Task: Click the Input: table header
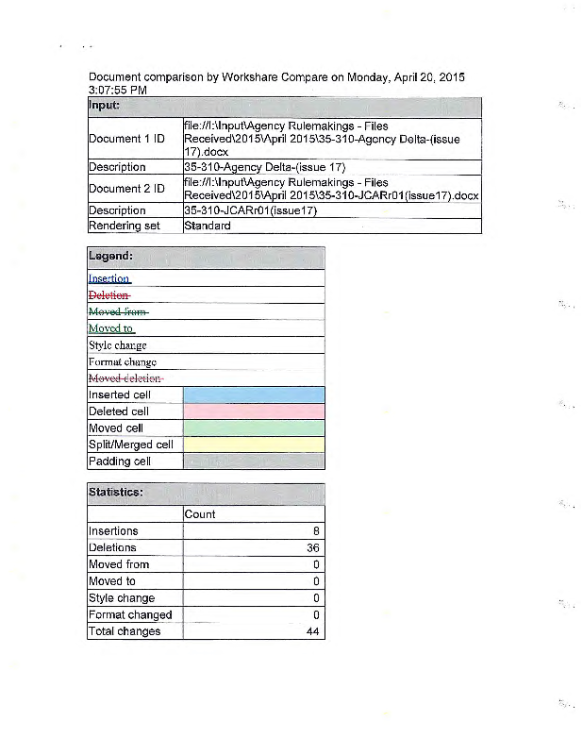(x=105, y=106)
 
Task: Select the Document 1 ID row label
(x=126, y=139)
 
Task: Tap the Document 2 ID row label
(x=126, y=189)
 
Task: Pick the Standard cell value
(x=208, y=226)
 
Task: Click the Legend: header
(x=110, y=257)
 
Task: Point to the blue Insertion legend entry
(x=109, y=278)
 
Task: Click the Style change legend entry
(x=117, y=345)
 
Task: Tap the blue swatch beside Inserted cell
(x=254, y=394)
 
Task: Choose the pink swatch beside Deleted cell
(x=254, y=411)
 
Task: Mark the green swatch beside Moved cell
(x=254, y=428)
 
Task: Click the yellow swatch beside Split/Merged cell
(x=254, y=445)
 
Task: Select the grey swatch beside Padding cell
(x=254, y=461)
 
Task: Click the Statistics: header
(x=116, y=493)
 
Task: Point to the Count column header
(x=200, y=514)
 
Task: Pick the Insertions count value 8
(x=316, y=531)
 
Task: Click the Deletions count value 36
(x=313, y=548)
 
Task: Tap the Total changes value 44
(x=313, y=632)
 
